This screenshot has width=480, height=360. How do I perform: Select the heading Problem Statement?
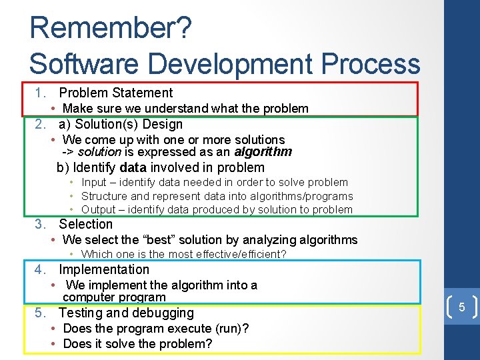click(x=115, y=93)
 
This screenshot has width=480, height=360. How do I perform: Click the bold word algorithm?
click(x=263, y=151)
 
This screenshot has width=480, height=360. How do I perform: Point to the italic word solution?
click(x=99, y=151)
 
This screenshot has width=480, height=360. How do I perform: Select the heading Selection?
click(x=85, y=224)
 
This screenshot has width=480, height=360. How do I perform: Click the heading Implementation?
click(x=104, y=269)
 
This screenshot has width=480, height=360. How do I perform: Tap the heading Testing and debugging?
click(x=126, y=313)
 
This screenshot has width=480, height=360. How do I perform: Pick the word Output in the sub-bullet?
click(x=99, y=209)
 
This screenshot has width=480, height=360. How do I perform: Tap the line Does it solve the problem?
click(x=137, y=343)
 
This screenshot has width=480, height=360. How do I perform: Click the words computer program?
click(x=114, y=297)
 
